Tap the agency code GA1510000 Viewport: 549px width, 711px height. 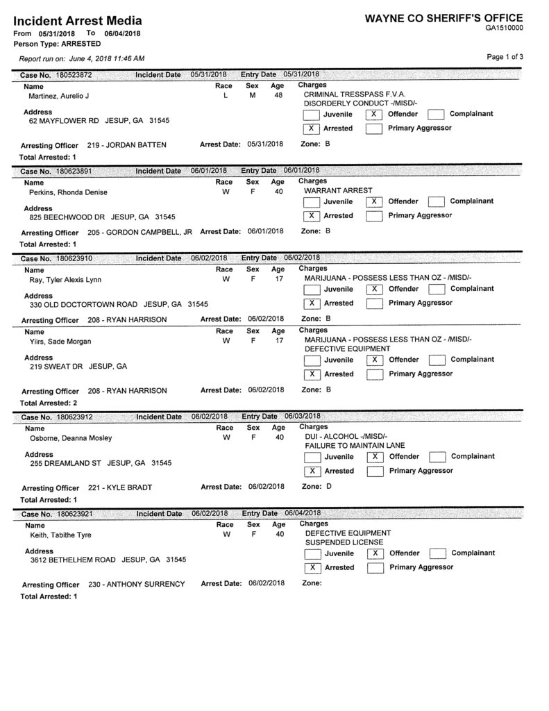click(505, 28)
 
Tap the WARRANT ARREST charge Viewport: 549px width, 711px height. click(338, 190)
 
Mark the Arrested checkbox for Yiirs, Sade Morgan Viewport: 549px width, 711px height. click(312, 374)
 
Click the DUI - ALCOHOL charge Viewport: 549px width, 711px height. click(345, 435)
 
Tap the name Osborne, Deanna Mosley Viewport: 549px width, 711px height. click(70, 438)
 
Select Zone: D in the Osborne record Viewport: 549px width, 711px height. click(319, 486)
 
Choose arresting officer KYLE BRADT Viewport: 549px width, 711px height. click(126, 487)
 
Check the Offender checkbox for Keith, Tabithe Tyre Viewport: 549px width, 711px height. click(374, 553)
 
